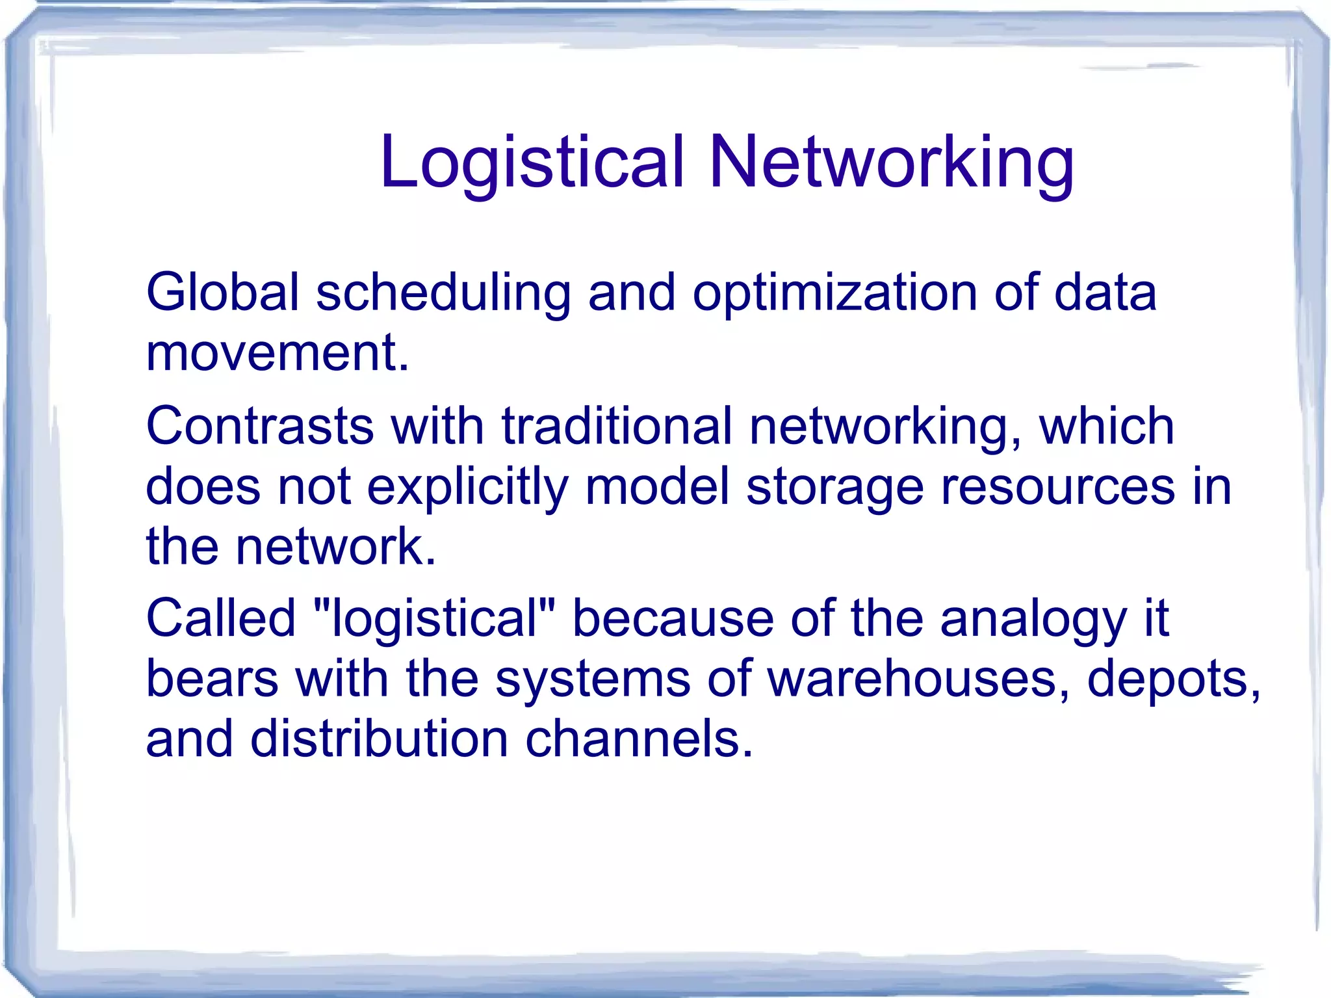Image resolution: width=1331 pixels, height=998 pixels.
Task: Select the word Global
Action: [x=222, y=292]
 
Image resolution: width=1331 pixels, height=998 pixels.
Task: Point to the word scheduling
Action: [x=443, y=292]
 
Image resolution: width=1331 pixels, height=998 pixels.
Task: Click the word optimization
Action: [x=834, y=292]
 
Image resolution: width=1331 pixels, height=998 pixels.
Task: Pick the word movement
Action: [x=277, y=353]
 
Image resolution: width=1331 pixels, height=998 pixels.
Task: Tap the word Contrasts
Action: [x=260, y=427]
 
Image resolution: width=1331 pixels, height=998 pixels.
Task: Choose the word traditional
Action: [x=617, y=427]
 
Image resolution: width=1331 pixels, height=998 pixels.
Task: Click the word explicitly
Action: [x=467, y=488]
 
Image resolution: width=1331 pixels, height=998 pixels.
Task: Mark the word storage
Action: [x=834, y=488]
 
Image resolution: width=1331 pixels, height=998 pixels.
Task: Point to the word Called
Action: [x=221, y=618]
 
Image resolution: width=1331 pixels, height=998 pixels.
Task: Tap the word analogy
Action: [x=1033, y=618]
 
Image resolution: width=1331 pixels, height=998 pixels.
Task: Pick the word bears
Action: [x=212, y=679]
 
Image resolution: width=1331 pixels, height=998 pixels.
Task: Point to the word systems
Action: [x=593, y=679]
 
